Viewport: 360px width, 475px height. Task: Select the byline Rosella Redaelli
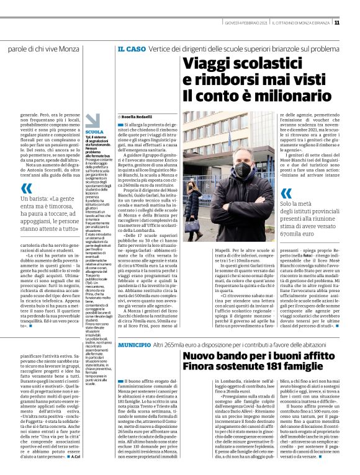coord(134,117)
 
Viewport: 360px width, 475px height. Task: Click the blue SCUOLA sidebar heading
coord(95,132)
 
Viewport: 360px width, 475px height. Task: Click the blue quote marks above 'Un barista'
coord(25,189)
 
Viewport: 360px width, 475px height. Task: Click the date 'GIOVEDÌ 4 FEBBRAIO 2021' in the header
coord(246,24)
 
